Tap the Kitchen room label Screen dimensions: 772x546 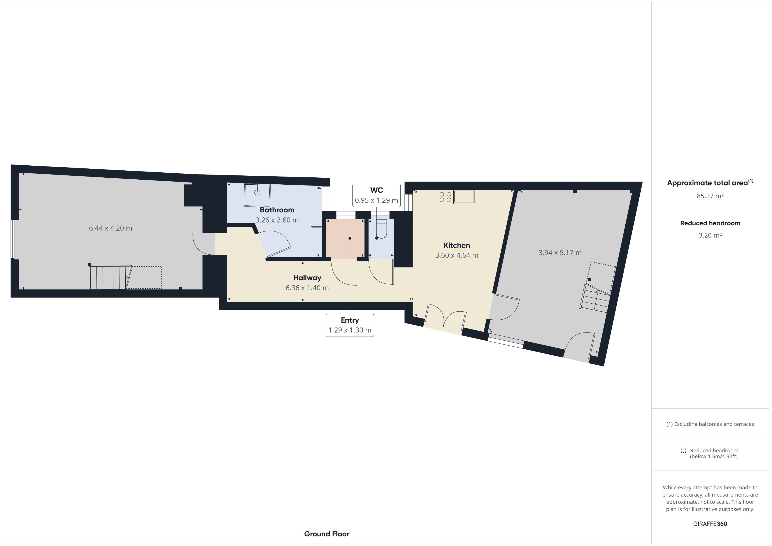[457, 245]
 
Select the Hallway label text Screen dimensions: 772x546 [307, 278]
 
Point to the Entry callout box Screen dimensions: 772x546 [350, 325]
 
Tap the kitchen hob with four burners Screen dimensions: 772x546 [445, 197]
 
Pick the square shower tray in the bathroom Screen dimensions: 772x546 [257, 195]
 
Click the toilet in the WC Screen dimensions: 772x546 [381, 229]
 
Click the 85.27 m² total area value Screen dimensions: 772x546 [710, 196]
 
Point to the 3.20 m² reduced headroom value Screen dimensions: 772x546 [710, 235]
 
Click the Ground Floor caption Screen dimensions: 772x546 [326, 534]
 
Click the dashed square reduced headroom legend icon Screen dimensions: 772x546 [683, 450]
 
